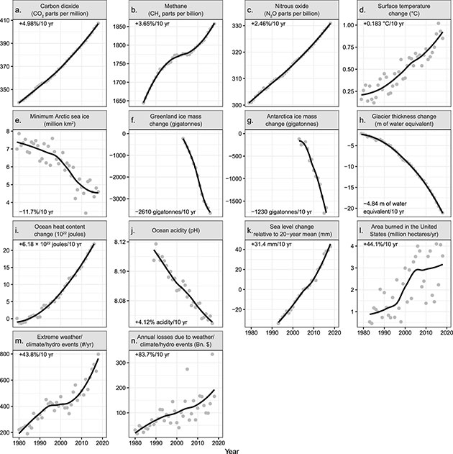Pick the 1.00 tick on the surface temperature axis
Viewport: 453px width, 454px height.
pyautogui.click(x=347, y=24)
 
